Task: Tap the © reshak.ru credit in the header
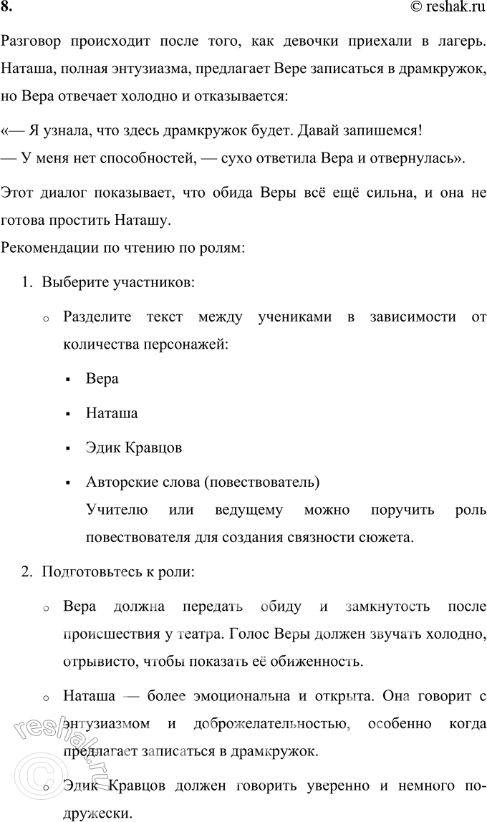448,9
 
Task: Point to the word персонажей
191,344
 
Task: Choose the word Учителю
117,511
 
